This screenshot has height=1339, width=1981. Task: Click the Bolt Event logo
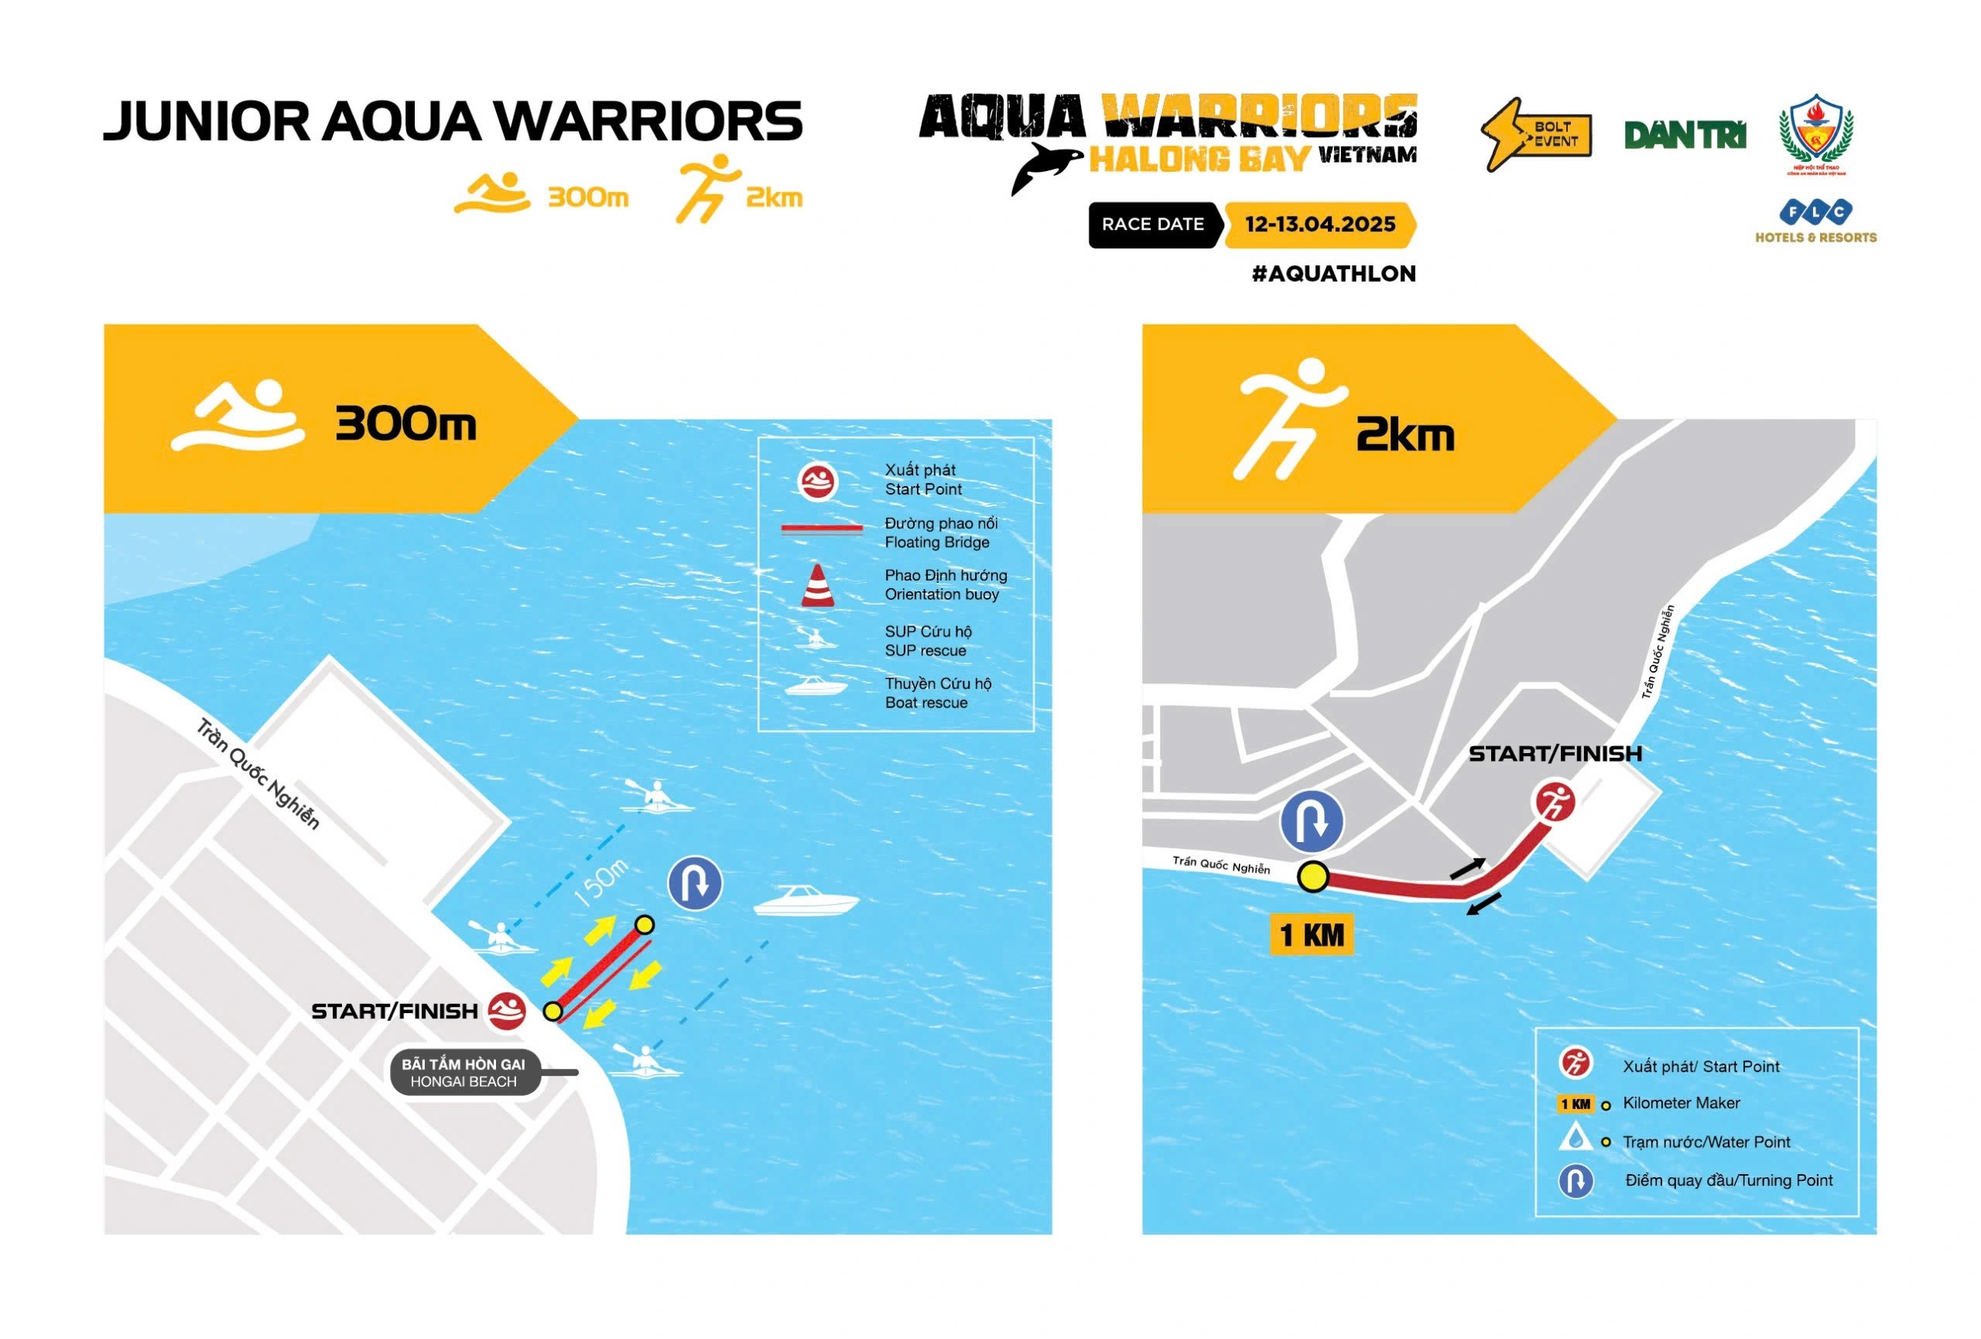(1536, 135)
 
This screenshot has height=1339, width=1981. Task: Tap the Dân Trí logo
(1685, 135)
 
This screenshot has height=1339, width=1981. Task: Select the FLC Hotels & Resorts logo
(1815, 221)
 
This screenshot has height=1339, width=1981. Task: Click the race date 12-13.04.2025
(1319, 225)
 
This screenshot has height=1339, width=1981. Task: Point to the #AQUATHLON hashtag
(1333, 273)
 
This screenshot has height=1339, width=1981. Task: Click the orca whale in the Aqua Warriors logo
(1045, 166)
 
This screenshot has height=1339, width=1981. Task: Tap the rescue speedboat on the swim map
(806, 900)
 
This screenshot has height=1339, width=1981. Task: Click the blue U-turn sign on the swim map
(695, 883)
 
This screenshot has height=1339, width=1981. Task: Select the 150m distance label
(601, 882)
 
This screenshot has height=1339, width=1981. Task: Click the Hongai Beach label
(464, 1073)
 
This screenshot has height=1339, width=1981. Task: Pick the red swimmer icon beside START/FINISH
(506, 1011)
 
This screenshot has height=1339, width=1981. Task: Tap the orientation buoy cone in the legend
(817, 586)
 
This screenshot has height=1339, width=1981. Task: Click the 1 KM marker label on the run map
(1312, 935)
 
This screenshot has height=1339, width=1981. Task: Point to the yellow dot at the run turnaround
(1312, 876)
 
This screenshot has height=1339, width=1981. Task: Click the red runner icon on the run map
(1555, 802)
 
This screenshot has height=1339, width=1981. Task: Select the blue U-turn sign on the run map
(1312, 820)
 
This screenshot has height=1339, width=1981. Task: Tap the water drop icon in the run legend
(1576, 1139)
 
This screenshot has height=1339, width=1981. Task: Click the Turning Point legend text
(1728, 1180)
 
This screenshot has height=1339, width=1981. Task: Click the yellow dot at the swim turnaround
(645, 925)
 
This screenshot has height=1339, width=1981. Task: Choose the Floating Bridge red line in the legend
(822, 529)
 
